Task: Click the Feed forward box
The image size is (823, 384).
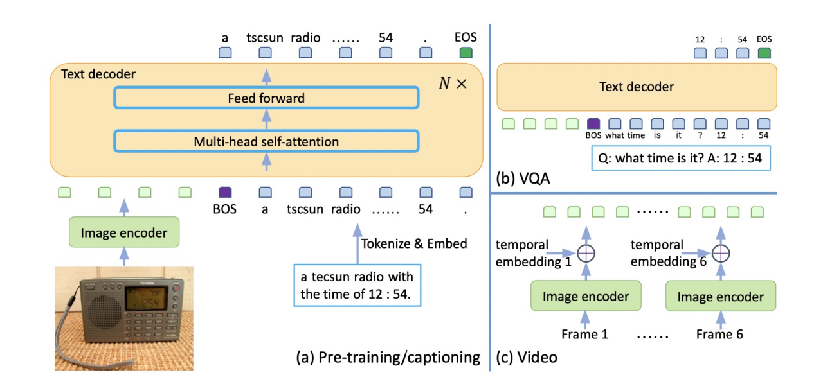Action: point(266,98)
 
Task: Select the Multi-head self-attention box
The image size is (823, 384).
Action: point(266,141)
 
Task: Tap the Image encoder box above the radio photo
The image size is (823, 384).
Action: point(124,232)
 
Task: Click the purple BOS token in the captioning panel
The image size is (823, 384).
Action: point(225,191)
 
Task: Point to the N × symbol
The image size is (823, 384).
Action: point(452,84)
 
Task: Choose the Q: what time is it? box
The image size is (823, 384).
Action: point(680,157)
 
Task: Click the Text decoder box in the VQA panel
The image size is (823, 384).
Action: point(637,86)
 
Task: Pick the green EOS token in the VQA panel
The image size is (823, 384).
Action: point(764,53)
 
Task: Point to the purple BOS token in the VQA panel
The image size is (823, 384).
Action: point(593,123)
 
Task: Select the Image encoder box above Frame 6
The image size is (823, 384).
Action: point(721,296)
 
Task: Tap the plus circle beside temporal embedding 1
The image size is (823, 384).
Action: point(585,253)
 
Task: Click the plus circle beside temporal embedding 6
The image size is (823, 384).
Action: point(721,253)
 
